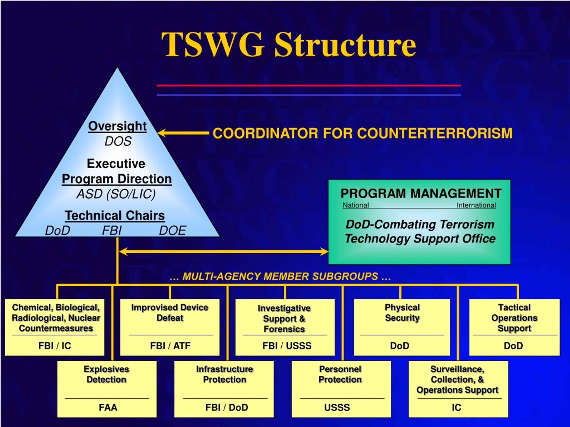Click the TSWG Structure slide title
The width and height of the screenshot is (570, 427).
[289, 44]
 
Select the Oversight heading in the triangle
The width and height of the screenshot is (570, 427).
[117, 126]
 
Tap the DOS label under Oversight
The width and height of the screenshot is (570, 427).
[118, 141]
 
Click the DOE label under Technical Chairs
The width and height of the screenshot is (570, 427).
[172, 230]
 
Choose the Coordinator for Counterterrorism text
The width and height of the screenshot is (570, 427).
[362, 133]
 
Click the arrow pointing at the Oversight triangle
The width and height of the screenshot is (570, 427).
[183, 133]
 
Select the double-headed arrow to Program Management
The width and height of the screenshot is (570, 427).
[224, 252]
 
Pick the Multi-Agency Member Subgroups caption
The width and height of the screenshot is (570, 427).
[280, 276]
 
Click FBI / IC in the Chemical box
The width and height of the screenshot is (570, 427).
[55, 346]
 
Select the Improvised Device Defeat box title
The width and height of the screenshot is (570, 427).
[170, 312]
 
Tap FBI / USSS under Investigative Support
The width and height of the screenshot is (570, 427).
[287, 346]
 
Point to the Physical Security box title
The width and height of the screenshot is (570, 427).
[402, 312]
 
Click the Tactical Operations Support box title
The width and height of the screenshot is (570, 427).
[514, 318]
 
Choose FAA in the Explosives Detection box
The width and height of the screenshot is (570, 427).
[108, 407]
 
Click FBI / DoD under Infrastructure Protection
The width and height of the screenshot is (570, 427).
[226, 407]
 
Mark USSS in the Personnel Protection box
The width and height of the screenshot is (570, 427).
[337, 407]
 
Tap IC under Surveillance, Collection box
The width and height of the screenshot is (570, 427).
[456, 407]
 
